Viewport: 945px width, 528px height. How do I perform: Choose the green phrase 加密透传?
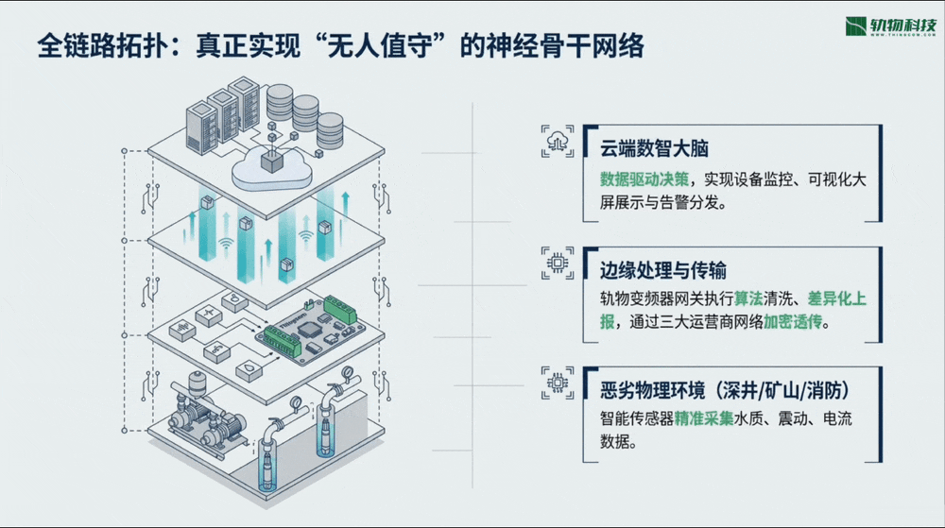(x=793, y=322)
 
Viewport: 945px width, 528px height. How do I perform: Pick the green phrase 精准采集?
(x=705, y=418)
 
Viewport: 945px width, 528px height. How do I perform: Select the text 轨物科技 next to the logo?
(x=902, y=22)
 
